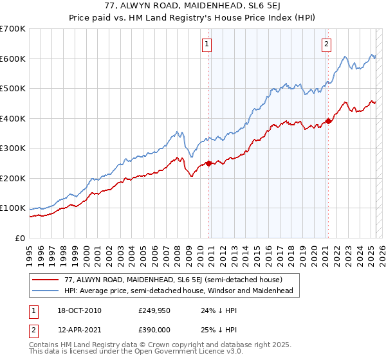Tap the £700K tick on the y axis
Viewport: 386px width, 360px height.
point(13,29)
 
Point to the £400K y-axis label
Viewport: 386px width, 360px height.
point(13,118)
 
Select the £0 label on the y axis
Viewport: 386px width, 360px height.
point(21,238)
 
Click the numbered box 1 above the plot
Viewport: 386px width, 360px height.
point(207,44)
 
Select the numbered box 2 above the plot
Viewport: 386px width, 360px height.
point(327,44)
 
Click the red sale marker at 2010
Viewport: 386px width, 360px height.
point(208,163)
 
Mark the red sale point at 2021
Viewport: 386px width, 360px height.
point(328,121)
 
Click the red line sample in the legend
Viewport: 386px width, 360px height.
point(46,280)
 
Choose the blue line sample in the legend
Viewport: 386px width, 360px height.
point(46,291)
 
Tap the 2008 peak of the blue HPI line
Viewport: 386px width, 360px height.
point(181,132)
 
